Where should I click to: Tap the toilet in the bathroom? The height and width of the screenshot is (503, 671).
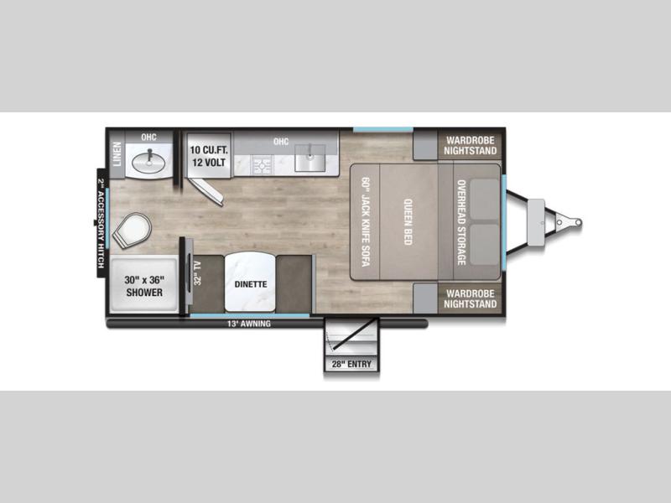(133, 230)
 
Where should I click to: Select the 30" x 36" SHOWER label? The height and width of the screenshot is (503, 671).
(144, 286)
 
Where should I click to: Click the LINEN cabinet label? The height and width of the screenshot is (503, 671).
(117, 154)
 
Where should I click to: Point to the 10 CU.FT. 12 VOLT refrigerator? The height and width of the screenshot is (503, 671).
(209, 155)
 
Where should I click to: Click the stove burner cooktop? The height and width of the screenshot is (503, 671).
(262, 165)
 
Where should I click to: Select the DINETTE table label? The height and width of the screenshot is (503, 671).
(251, 284)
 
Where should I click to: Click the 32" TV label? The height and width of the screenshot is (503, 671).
(198, 273)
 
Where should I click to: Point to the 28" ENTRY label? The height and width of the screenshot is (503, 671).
(351, 364)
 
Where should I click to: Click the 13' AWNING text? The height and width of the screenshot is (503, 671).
(248, 324)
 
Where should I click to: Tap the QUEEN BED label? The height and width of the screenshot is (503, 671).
(408, 222)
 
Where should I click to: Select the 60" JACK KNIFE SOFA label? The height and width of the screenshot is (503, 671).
(365, 222)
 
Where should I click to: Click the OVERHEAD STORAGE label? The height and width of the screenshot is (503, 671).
(460, 222)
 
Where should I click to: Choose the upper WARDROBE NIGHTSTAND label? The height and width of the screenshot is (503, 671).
(471, 145)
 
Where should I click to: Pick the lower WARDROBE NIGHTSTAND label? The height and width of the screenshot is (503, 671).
(471, 298)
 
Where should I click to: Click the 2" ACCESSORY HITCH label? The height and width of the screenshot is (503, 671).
(101, 223)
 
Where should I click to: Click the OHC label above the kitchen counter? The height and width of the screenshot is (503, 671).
(281, 141)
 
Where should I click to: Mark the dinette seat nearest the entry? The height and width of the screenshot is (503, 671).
(294, 284)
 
